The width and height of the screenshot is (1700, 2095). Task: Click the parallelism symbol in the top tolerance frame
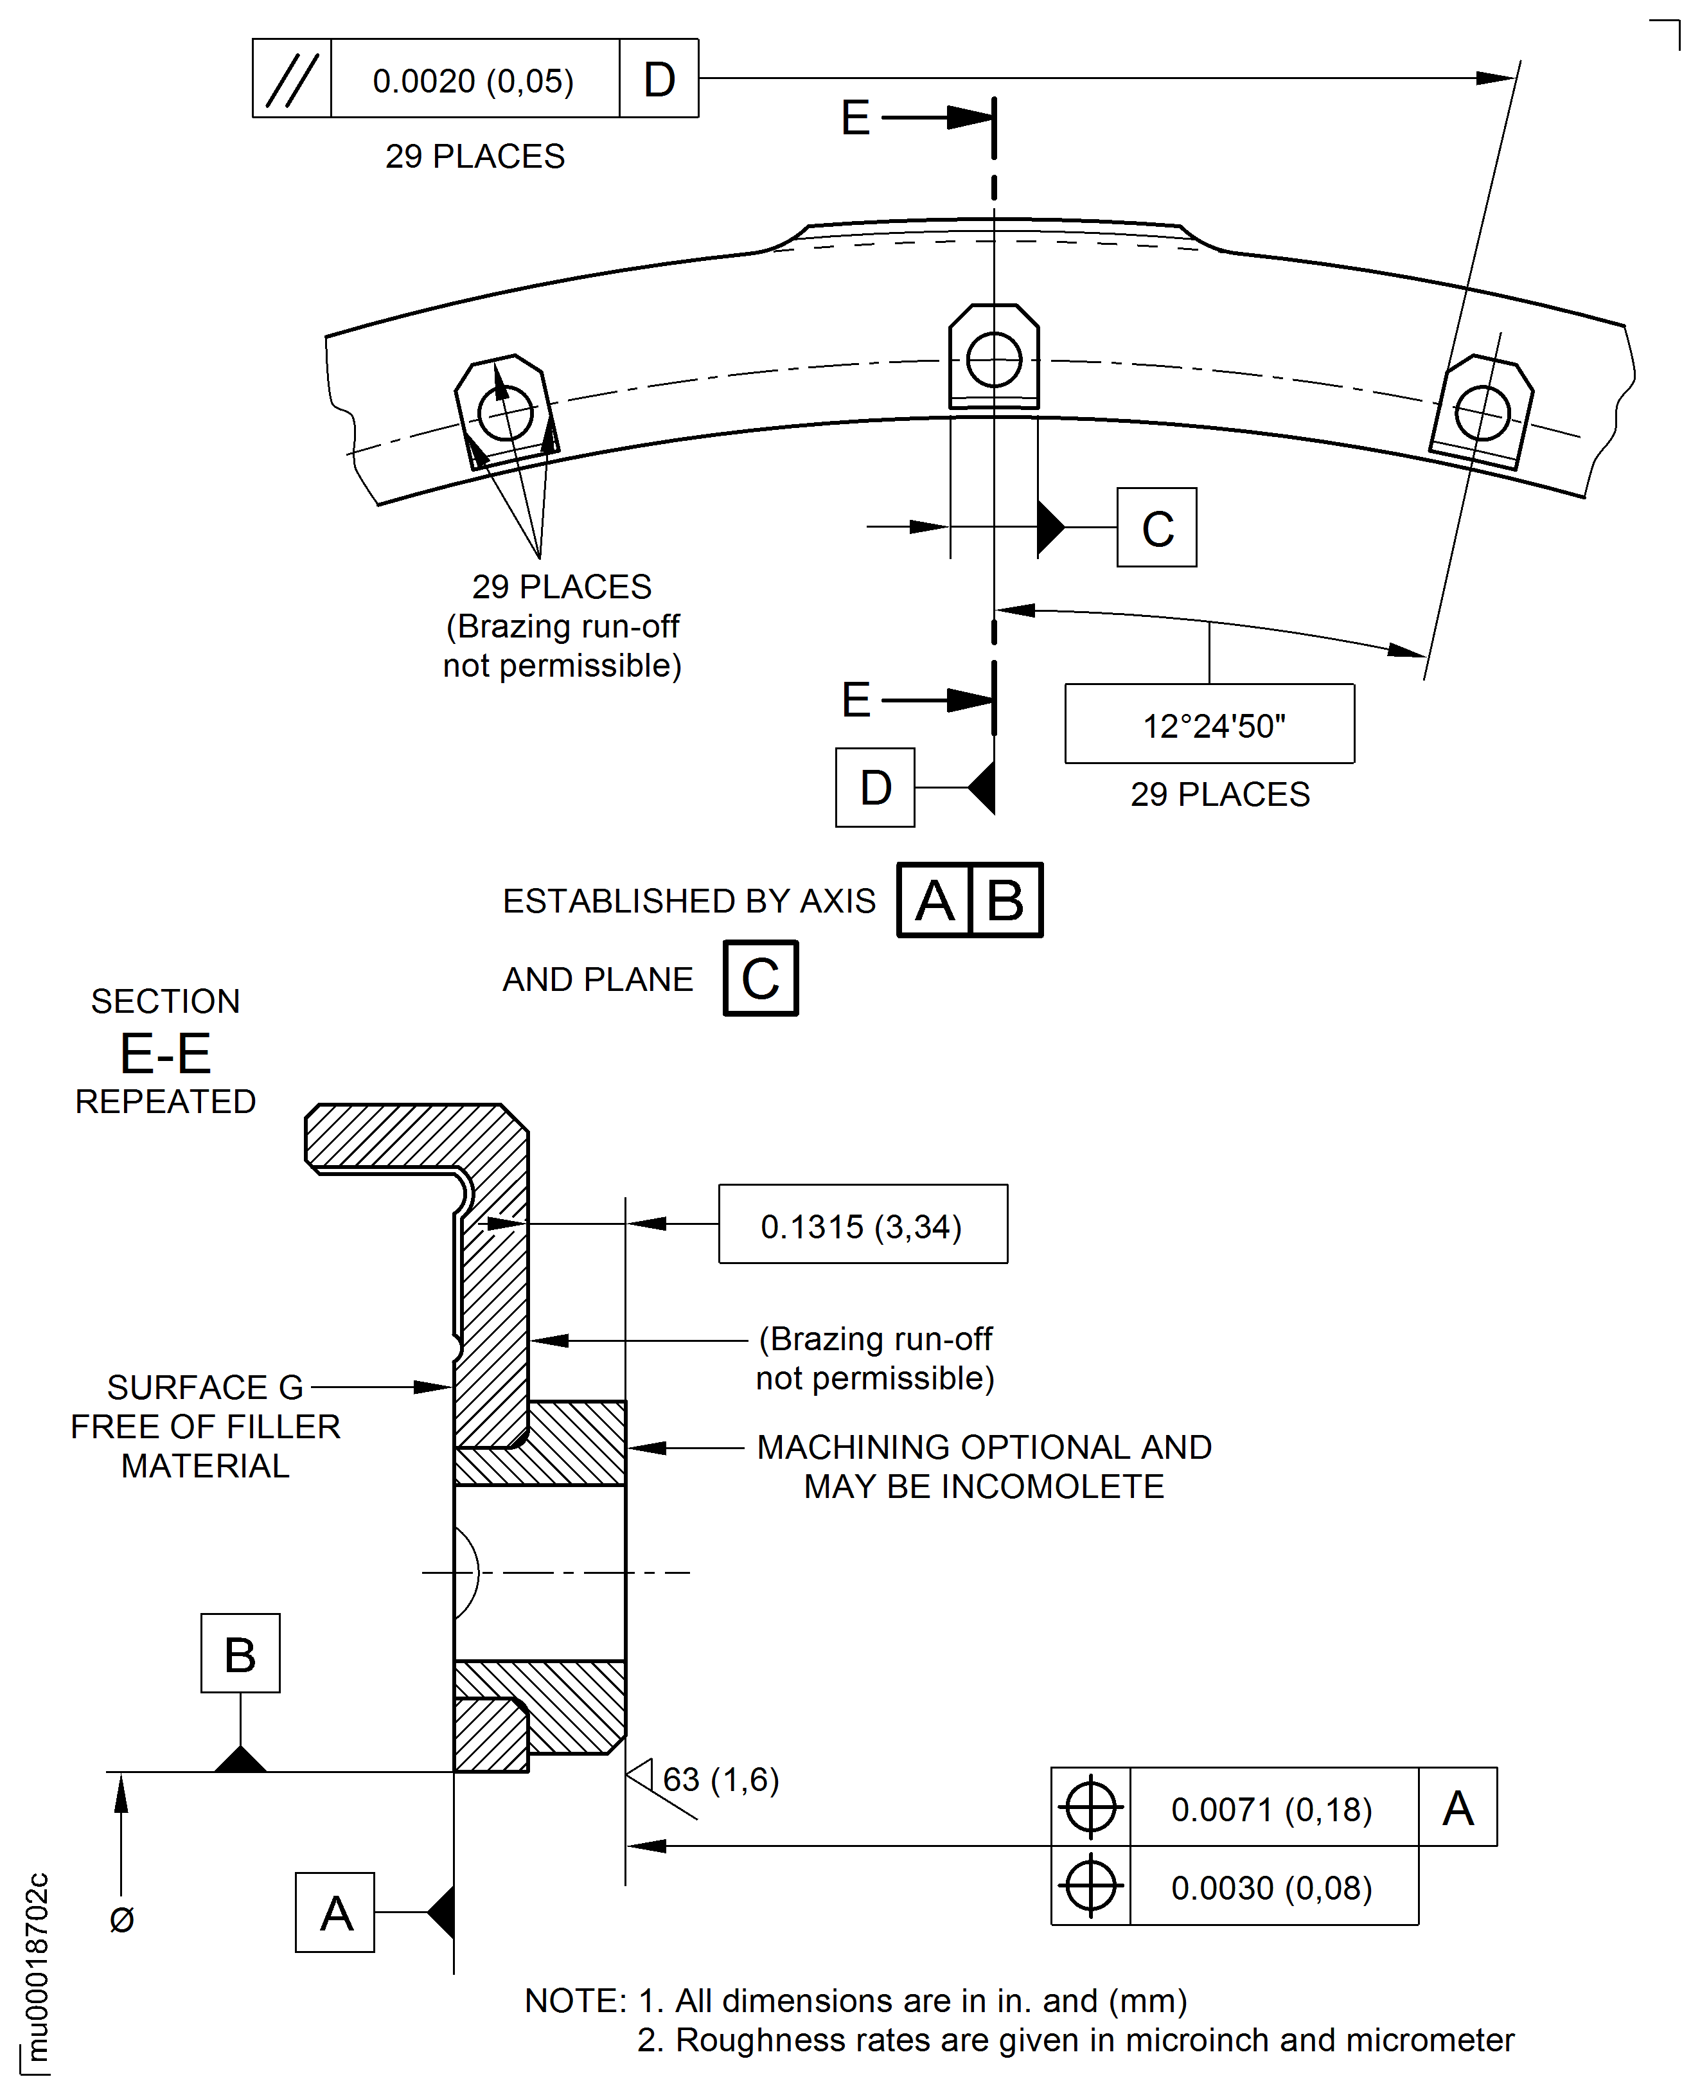292,79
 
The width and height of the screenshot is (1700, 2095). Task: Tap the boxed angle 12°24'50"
1212,726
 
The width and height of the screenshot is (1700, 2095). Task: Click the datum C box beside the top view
1156,528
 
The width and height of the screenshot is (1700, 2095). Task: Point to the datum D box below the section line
874,787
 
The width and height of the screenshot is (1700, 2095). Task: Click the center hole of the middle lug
994,359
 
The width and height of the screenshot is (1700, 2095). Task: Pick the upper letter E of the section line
855,118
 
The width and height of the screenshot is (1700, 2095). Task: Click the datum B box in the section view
240,1654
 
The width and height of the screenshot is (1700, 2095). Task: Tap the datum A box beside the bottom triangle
335,1913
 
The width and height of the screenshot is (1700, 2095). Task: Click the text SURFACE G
205,1387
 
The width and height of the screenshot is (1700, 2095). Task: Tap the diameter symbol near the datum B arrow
121,1920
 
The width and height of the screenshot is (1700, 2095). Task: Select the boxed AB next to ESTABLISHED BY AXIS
970,900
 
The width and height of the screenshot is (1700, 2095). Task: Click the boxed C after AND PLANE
761,979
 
